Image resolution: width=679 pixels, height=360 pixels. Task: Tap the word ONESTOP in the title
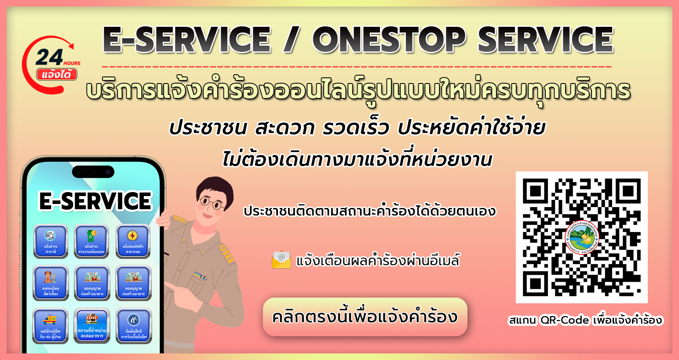[x=389, y=40]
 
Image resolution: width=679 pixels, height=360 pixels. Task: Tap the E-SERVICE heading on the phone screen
[x=95, y=201]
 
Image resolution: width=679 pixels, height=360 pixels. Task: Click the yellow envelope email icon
[x=281, y=260]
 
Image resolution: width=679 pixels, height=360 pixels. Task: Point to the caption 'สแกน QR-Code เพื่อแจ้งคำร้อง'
[x=585, y=320]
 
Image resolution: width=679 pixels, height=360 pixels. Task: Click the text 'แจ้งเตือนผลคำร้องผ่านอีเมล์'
[x=377, y=261]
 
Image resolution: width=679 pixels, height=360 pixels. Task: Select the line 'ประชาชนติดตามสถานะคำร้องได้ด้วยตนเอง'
[x=369, y=211]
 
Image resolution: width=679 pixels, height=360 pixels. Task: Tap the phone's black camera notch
[x=93, y=172]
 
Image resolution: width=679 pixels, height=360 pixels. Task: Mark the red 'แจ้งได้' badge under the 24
[x=57, y=75]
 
